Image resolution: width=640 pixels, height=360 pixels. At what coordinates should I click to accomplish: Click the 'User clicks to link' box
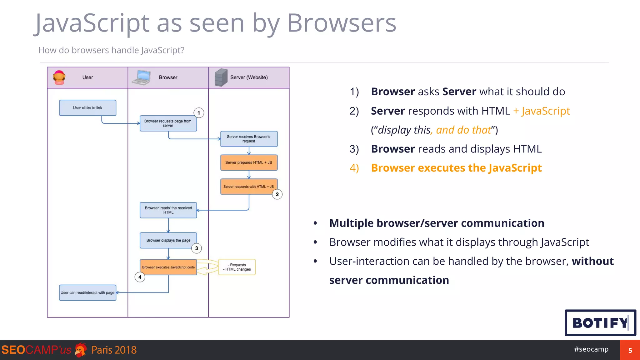tap(87, 108)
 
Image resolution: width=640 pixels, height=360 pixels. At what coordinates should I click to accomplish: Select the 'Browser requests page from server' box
tap(168, 123)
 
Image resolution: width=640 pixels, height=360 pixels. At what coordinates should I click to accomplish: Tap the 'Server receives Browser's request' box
tap(249, 139)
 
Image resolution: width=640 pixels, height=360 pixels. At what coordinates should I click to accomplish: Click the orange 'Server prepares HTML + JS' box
tap(249, 162)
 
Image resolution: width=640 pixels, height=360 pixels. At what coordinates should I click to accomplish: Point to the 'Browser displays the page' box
tap(168, 240)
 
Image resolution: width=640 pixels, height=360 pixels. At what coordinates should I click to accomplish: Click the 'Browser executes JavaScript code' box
tap(168, 267)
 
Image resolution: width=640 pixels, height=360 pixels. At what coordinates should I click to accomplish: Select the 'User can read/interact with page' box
tap(87, 293)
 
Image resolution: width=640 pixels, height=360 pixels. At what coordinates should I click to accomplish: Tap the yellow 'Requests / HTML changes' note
tap(237, 267)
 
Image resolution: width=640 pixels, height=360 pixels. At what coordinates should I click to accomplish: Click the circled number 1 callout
tap(199, 113)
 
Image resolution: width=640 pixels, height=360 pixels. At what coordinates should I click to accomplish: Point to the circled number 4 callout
tap(140, 277)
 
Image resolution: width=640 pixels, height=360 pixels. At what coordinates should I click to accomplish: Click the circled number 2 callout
tap(277, 194)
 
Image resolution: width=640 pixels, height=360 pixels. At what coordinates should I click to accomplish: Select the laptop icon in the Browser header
tap(141, 77)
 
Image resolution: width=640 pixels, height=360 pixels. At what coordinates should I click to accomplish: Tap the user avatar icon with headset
tap(59, 77)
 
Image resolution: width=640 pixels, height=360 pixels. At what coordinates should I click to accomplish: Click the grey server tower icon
tap(221, 77)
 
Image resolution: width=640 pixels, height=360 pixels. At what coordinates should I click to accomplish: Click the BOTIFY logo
tap(600, 323)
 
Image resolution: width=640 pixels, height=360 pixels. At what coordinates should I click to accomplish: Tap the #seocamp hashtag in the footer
tap(591, 349)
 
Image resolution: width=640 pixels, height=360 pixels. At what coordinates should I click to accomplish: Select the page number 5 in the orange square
tap(630, 350)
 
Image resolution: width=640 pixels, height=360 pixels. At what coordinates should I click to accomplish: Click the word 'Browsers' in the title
tap(341, 23)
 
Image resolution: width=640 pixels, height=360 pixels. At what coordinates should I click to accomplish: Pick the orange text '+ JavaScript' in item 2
tap(542, 111)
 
